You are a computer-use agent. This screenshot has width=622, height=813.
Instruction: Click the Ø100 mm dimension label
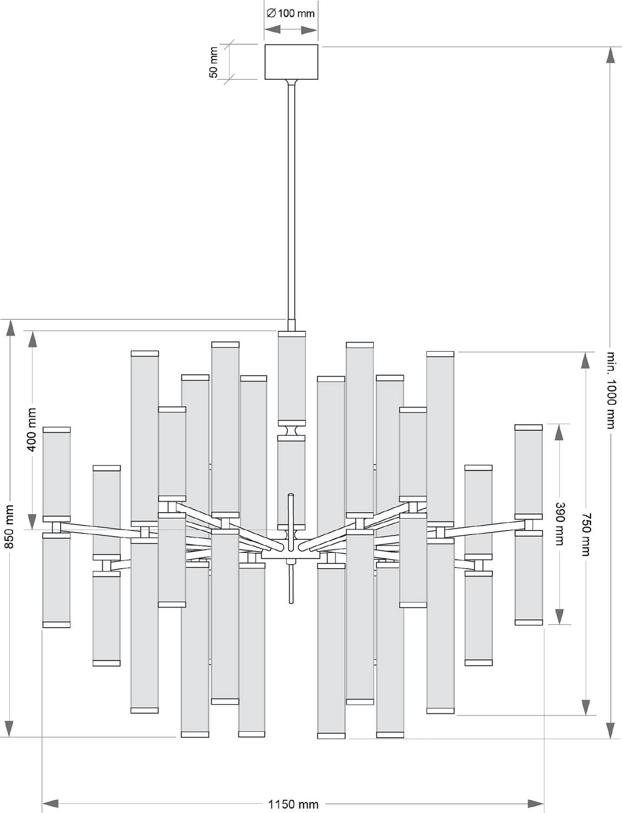(x=291, y=14)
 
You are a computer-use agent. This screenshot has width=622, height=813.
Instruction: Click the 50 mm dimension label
(x=214, y=62)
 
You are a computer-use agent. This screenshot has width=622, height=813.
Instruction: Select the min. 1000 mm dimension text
(x=611, y=390)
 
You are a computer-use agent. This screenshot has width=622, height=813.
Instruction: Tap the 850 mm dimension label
(x=10, y=526)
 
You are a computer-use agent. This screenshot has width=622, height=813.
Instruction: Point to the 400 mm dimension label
(x=32, y=430)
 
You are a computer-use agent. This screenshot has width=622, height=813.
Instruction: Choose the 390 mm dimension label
(x=560, y=524)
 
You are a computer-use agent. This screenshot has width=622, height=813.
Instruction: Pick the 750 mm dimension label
(x=585, y=534)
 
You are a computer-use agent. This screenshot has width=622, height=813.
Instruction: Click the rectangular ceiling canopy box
(x=291, y=62)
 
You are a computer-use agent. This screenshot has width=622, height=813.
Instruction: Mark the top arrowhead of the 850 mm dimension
(x=10, y=328)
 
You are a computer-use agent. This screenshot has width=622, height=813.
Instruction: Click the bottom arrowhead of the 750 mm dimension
(x=585, y=707)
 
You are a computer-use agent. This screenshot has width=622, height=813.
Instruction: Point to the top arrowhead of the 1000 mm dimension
(x=611, y=56)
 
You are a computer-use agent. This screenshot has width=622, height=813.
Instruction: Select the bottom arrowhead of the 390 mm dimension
(x=560, y=616)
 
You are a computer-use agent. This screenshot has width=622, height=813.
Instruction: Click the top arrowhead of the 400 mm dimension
(x=33, y=339)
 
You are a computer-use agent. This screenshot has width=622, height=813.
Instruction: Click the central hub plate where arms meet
(x=291, y=554)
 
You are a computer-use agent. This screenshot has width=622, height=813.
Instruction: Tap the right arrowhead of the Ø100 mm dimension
(x=309, y=30)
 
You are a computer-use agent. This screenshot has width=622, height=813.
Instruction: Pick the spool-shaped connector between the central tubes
(x=291, y=431)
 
